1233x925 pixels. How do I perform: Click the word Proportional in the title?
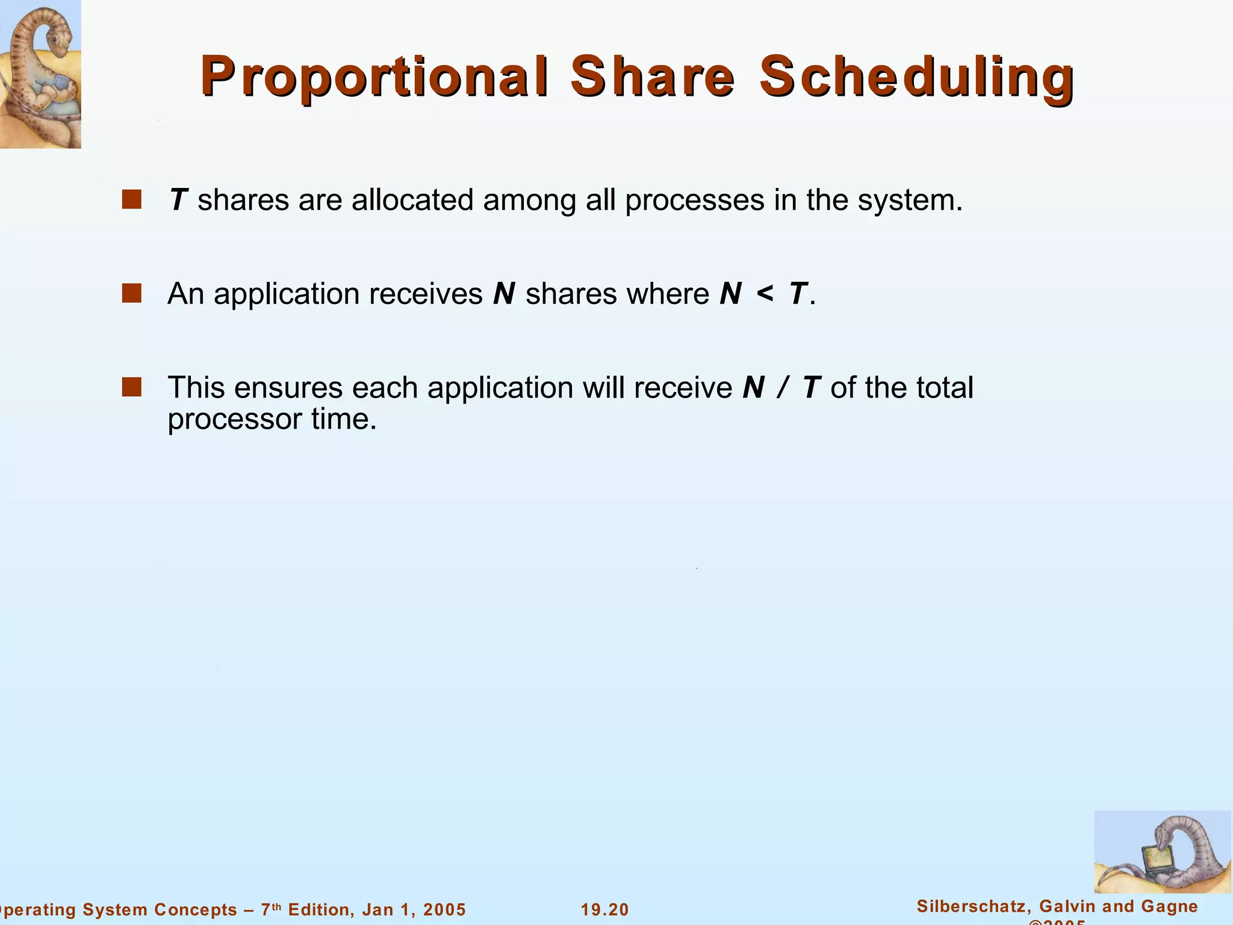(x=374, y=77)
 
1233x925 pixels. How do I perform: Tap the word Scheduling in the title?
(x=916, y=77)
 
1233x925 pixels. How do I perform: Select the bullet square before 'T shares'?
(x=131, y=199)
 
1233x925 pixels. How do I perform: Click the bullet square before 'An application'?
(x=131, y=293)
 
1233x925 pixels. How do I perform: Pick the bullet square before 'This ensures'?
(x=131, y=387)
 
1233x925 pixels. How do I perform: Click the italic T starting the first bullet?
(x=179, y=200)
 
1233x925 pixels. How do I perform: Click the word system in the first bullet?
(x=909, y=201)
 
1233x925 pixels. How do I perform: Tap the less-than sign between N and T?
(x=765, y=294)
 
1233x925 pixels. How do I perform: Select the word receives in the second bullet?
(x=425, y=294)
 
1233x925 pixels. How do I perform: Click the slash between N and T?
(x=782, y=388)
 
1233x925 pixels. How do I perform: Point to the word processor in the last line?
(x=234, y=420)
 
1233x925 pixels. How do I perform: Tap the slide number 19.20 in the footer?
(x=604, y=909)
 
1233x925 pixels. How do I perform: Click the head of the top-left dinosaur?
(x=57, y=36)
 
